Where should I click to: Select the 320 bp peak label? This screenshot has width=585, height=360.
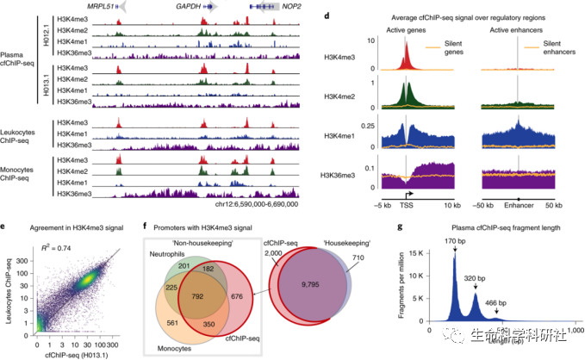coord(492,279)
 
